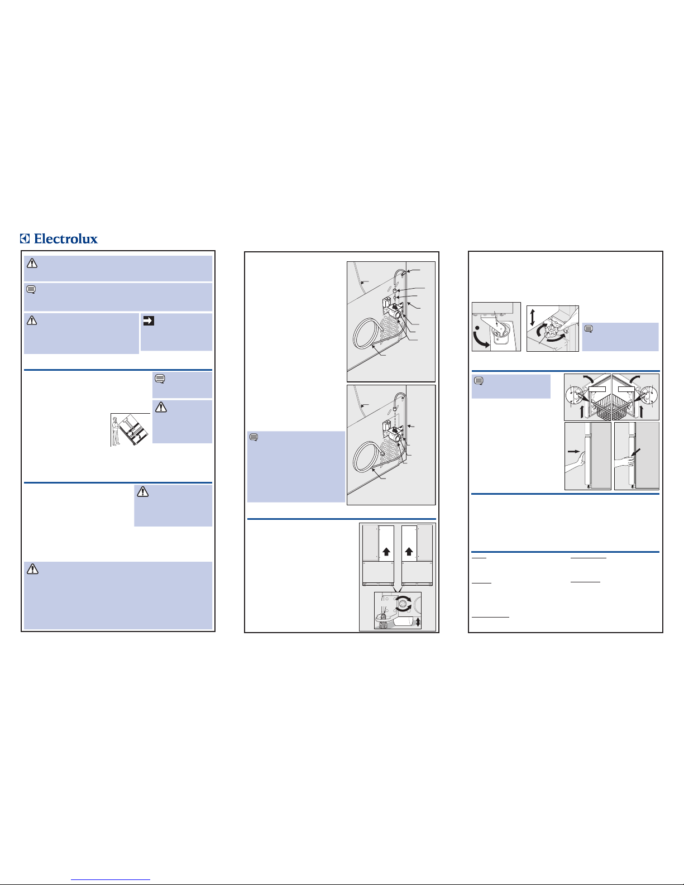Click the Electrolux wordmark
pos(65,238)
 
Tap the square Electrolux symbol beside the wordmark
pos(25,238)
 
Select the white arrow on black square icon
pos(149,321)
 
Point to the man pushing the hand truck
pos(116,430)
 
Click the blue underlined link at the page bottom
pos(111,880)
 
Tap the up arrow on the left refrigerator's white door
pos(386,552)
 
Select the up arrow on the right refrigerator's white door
pos(409,552)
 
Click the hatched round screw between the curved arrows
pos(404,604)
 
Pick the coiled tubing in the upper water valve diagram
pos(369,333)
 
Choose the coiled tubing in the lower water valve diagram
pos(369,457)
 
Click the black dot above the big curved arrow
pos(477,328)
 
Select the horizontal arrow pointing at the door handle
pos(573,451)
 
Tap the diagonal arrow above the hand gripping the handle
pos(635,453)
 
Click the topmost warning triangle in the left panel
pos(32,264)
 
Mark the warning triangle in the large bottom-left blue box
pos(32,569)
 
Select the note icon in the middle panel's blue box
pos(253,437)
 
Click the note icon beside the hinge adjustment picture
pos(589,329)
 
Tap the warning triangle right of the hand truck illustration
pos(161,407)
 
